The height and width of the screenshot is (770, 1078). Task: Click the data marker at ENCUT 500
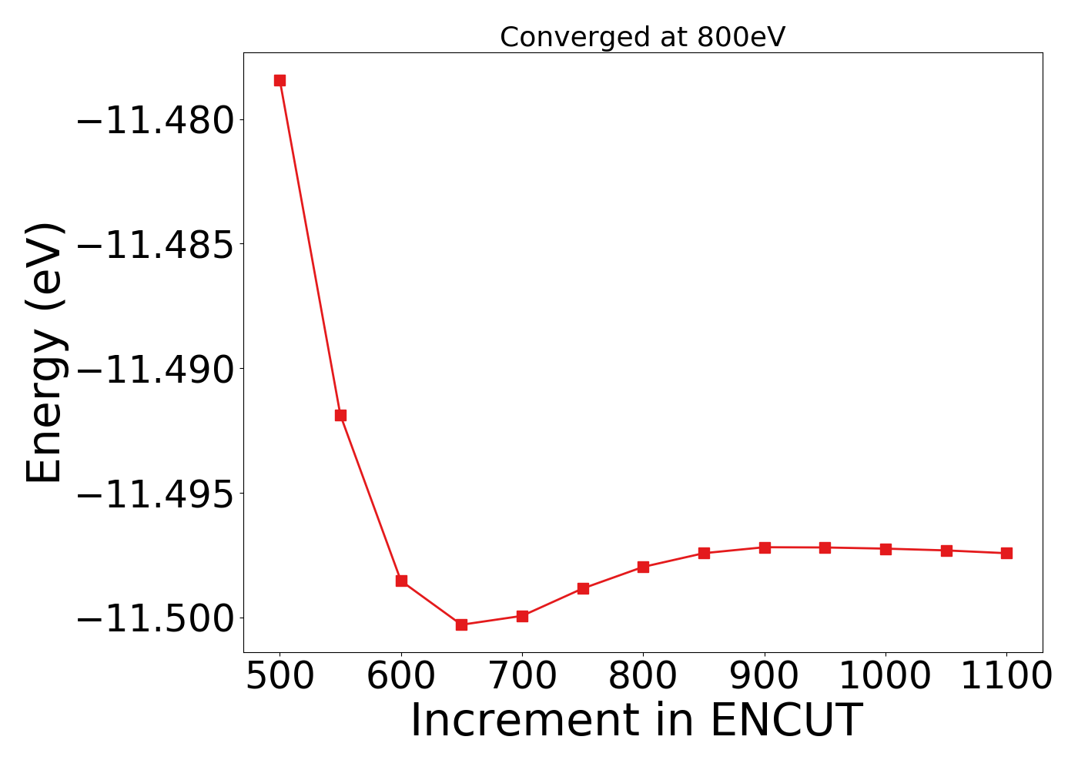pyautogui.click(x=280, y=80)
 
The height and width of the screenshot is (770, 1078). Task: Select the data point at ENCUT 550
pyautogui.click(x=340, y=415)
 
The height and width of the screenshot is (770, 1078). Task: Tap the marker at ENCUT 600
pyautogui.click(x=401, y=581)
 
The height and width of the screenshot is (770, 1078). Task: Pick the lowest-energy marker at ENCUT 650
pyautogui.click(x=461, y=624)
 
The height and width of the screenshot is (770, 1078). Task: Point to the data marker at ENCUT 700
pyautogui.click(x=522, y=616)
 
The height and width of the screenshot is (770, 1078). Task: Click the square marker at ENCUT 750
pyautogui.click(x=583, y=588)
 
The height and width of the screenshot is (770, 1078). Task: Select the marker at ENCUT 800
pyautogui.click(x=643, y=567)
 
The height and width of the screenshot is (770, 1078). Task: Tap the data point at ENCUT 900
pyautogui.click(x=765, y=547)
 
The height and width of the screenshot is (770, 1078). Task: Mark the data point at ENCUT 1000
pyautogui.click(x=885, y=549)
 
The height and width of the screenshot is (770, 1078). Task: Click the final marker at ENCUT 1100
pyautogui.click(x=1006, y=553)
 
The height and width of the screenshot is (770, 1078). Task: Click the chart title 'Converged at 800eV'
pyautogui.click(x=642, y=37)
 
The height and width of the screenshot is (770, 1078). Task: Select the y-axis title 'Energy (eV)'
pyautogui.click(x=45, y=353)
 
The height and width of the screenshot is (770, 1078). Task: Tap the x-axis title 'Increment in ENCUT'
pyautogui.click(x=635, y=721)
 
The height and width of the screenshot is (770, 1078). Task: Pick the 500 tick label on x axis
pyautogui.click(x=280, y=677)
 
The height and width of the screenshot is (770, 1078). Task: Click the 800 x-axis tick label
pyautogui.click(x=643, y=677)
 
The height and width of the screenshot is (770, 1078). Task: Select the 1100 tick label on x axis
pyautogui.click(x=1006, y=677)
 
